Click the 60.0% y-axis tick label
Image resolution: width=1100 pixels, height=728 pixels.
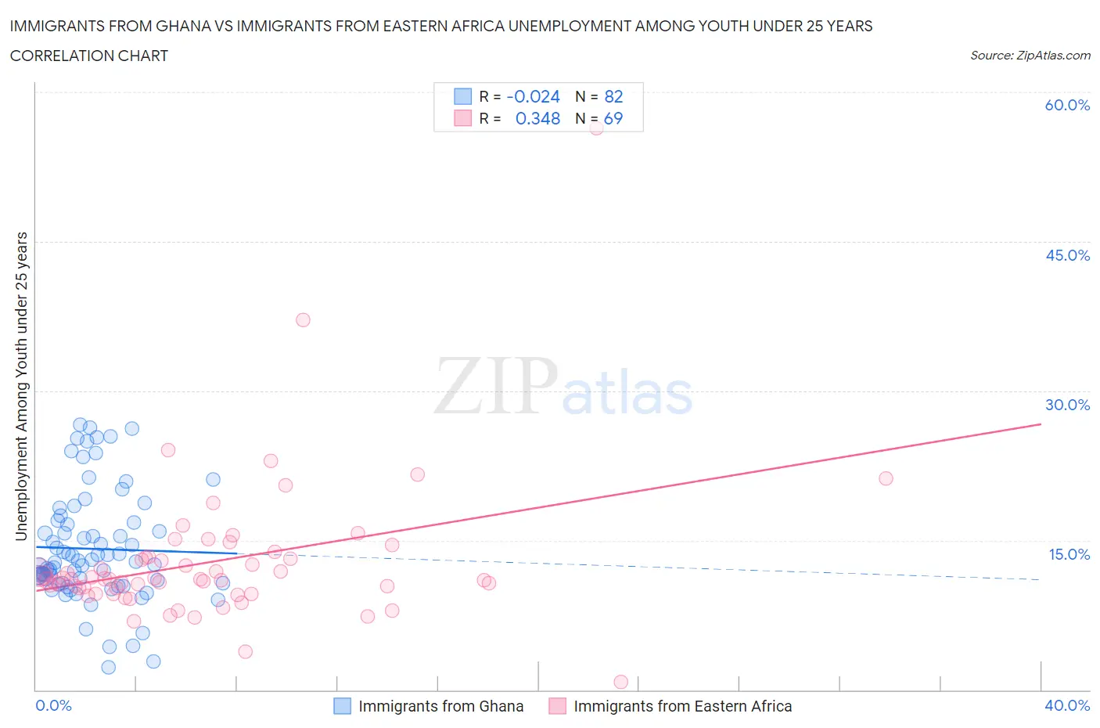point(1067,106)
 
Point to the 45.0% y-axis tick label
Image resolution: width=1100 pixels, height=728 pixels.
point(1067,255)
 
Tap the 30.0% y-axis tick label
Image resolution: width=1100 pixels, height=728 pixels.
point(1067,405)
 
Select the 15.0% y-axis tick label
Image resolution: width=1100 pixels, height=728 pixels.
point(1069,554)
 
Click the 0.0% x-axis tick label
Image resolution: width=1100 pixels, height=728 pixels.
point(53,705)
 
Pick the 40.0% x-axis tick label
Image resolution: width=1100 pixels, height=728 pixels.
point(1067,705)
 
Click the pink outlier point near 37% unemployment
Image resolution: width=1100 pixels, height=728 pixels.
point(303,319)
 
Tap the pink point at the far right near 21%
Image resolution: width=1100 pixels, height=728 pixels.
point(886,478)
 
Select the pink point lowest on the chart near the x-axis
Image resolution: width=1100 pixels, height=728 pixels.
point(621,682)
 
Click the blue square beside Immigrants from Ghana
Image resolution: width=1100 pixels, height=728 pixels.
point(342,706)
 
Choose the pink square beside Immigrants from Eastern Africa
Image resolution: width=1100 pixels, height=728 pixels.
point(557,706)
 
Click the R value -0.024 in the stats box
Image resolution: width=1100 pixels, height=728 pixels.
point(533,96)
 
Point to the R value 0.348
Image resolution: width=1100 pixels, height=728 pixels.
point(537,118)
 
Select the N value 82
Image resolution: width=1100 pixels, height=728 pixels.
point(613,96)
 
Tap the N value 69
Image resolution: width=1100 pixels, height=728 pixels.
point(613,118)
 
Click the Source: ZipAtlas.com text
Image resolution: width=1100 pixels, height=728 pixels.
point(1030,55)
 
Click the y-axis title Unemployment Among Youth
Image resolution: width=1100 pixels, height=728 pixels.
point(21,386)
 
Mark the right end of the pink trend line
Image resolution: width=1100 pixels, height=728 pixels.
point(1041,423)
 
